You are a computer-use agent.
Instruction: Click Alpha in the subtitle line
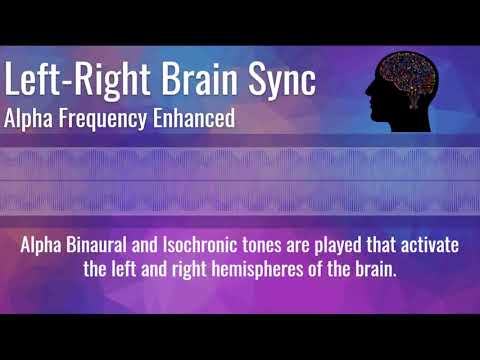[30, 118]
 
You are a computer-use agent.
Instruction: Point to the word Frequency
[103, 118]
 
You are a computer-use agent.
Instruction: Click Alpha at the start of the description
[44, 245]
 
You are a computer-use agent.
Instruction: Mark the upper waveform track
[240, 160]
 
